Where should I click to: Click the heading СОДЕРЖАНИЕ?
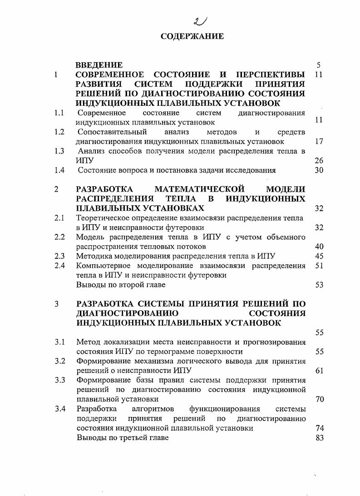192,36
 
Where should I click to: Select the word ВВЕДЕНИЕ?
99,65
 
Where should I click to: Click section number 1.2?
59,132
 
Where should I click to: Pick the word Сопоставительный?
112,132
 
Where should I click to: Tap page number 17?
319,141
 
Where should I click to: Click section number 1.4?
59,170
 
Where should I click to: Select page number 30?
319,170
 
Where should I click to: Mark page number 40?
319,247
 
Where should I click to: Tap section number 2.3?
59,256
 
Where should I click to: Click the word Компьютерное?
104,266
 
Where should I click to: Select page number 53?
319,285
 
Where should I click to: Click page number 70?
319,399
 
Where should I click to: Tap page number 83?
319,437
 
